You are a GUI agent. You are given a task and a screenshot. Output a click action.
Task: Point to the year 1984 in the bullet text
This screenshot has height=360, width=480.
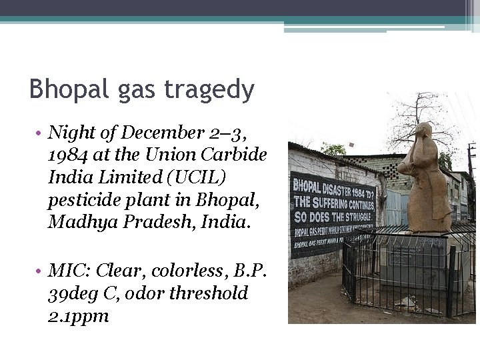[66, 155]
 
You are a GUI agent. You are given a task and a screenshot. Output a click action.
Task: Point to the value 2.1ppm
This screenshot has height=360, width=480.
[78, 315]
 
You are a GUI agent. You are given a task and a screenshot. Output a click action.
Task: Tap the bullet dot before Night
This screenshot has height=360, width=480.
[41, 133]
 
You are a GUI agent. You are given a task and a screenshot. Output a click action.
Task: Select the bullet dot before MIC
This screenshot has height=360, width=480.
[41, 271]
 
